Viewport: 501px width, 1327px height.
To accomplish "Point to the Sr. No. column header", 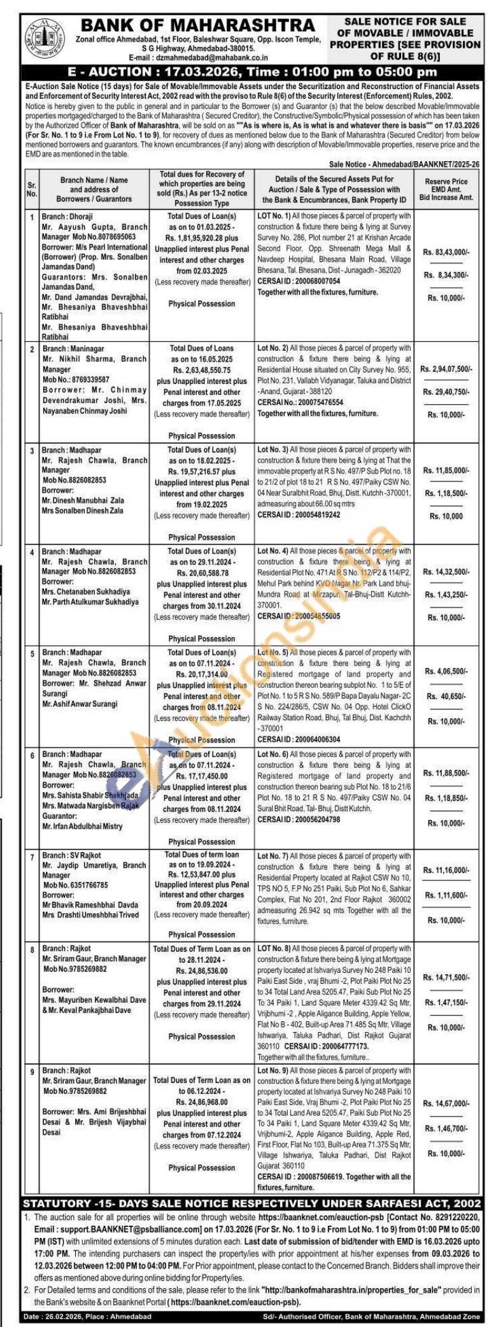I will click(x=32, y=189).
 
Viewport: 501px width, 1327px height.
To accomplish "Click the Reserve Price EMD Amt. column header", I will click(x=446, y=189).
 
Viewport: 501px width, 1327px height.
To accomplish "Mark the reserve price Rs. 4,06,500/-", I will click(x=447, y=671).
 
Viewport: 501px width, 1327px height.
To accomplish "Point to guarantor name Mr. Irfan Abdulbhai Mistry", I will click(x=82, y=826).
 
